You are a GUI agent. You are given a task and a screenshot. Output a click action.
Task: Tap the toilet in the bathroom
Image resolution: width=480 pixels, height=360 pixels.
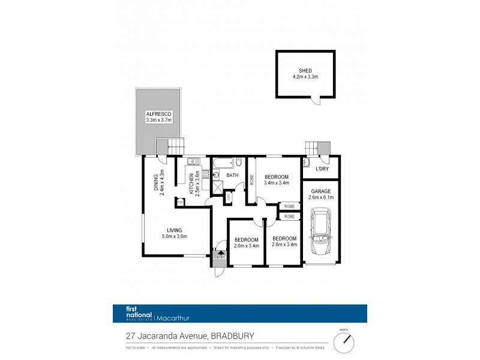pyautogui.click(x=238, y=162)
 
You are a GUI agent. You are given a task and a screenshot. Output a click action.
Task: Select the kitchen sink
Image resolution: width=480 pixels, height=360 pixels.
pyautogui.click(x=194, y=161)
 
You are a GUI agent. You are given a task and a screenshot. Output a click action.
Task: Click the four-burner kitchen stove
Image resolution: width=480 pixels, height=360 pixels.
pyautogui.click(x=204, y=175)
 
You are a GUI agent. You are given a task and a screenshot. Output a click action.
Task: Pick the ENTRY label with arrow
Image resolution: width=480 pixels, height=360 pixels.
pyautogui.click(x=218, y=257)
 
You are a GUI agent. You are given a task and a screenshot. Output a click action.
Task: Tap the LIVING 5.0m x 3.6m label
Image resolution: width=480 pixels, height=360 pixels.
pyautogui.click(x=175, y=233)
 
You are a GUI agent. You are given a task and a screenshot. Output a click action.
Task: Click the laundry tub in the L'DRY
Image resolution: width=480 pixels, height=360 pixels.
pyautogui.click(x=307, y=162)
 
